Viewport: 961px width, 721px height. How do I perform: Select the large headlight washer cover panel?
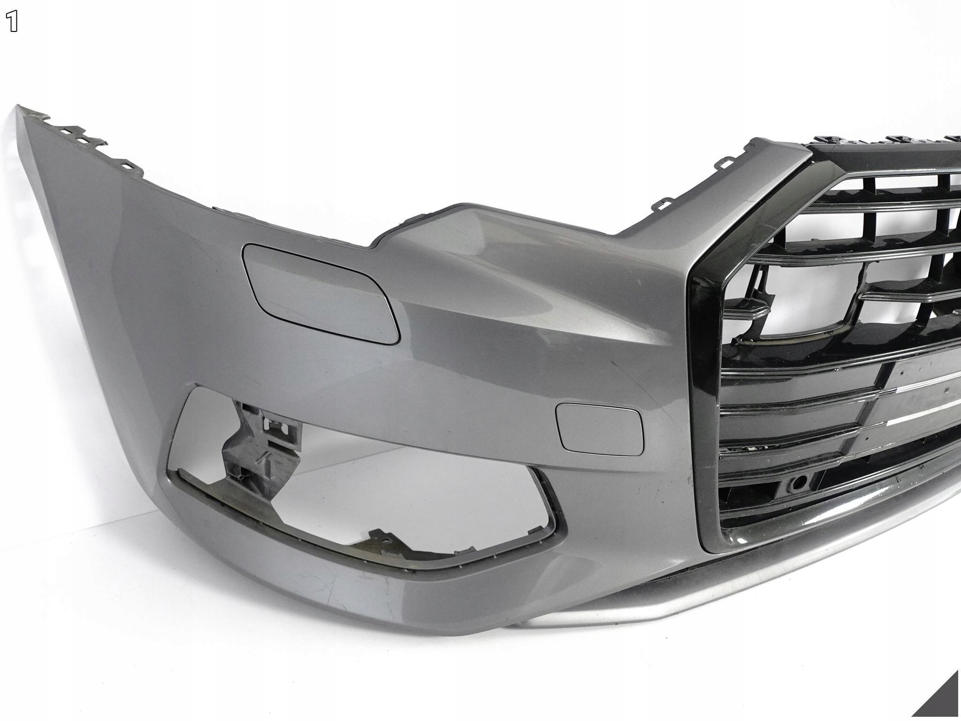[320, 292]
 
